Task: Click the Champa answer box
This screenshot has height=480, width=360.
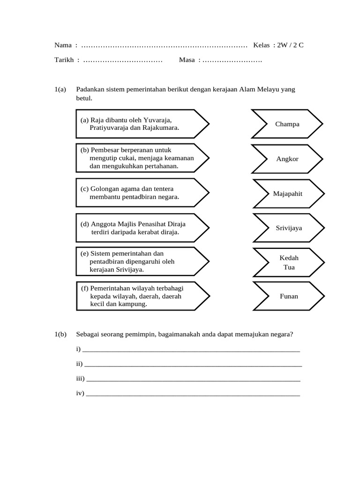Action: (287, 124)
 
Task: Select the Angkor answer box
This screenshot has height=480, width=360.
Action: (287, 159)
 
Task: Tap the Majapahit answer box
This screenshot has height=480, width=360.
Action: (288, 194)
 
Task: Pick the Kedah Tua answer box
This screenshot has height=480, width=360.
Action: (289, 262)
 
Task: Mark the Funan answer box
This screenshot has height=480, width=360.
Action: (289, 296)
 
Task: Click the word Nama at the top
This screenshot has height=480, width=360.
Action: (63, 45)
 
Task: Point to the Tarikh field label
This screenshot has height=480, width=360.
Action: (64, 60)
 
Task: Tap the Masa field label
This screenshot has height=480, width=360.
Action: (187, 60)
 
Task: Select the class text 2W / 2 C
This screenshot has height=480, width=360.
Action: (291, 45)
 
